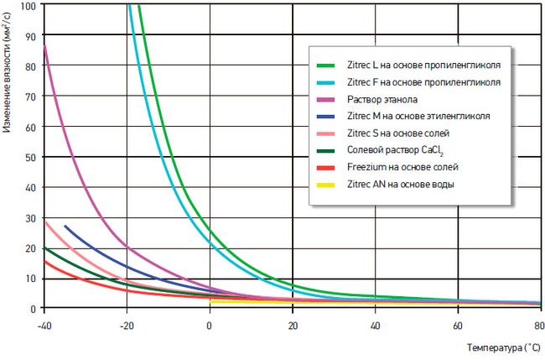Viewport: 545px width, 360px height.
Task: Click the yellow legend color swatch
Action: click(x=326, y=185)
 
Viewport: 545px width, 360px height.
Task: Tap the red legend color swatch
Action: click(x=326, y=168)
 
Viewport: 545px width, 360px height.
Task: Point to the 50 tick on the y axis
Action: click(x=30, y=158)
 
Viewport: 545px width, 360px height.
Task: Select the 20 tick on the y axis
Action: click(x=30, y=248)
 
